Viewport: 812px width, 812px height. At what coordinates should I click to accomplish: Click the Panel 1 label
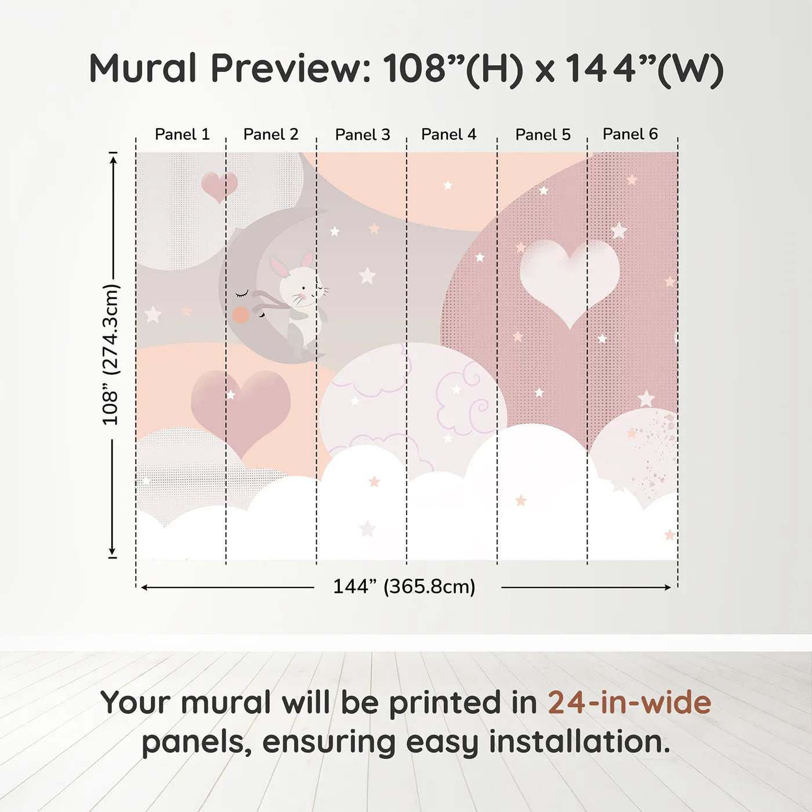pos(182,135)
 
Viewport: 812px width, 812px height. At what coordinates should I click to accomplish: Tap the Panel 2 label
pos(271,135)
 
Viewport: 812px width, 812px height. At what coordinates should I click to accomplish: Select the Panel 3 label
pos(362,135)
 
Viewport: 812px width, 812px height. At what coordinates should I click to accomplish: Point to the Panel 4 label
pos(449,135)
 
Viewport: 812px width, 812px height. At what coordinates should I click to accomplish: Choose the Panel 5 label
pos(543,135)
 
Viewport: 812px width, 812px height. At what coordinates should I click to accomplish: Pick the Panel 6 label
pos(630,134)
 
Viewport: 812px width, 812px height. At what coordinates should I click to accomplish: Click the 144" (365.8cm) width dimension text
pos(404,586)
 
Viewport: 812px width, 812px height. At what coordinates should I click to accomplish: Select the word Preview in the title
pos(291,68)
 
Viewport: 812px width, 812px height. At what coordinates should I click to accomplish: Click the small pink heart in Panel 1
pos(219,186)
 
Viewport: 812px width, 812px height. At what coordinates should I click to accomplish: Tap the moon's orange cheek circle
pos(241,315)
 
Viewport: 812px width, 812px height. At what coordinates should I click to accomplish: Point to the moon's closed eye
pos(242,293)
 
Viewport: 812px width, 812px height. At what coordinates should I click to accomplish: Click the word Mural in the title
pos(143,68)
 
